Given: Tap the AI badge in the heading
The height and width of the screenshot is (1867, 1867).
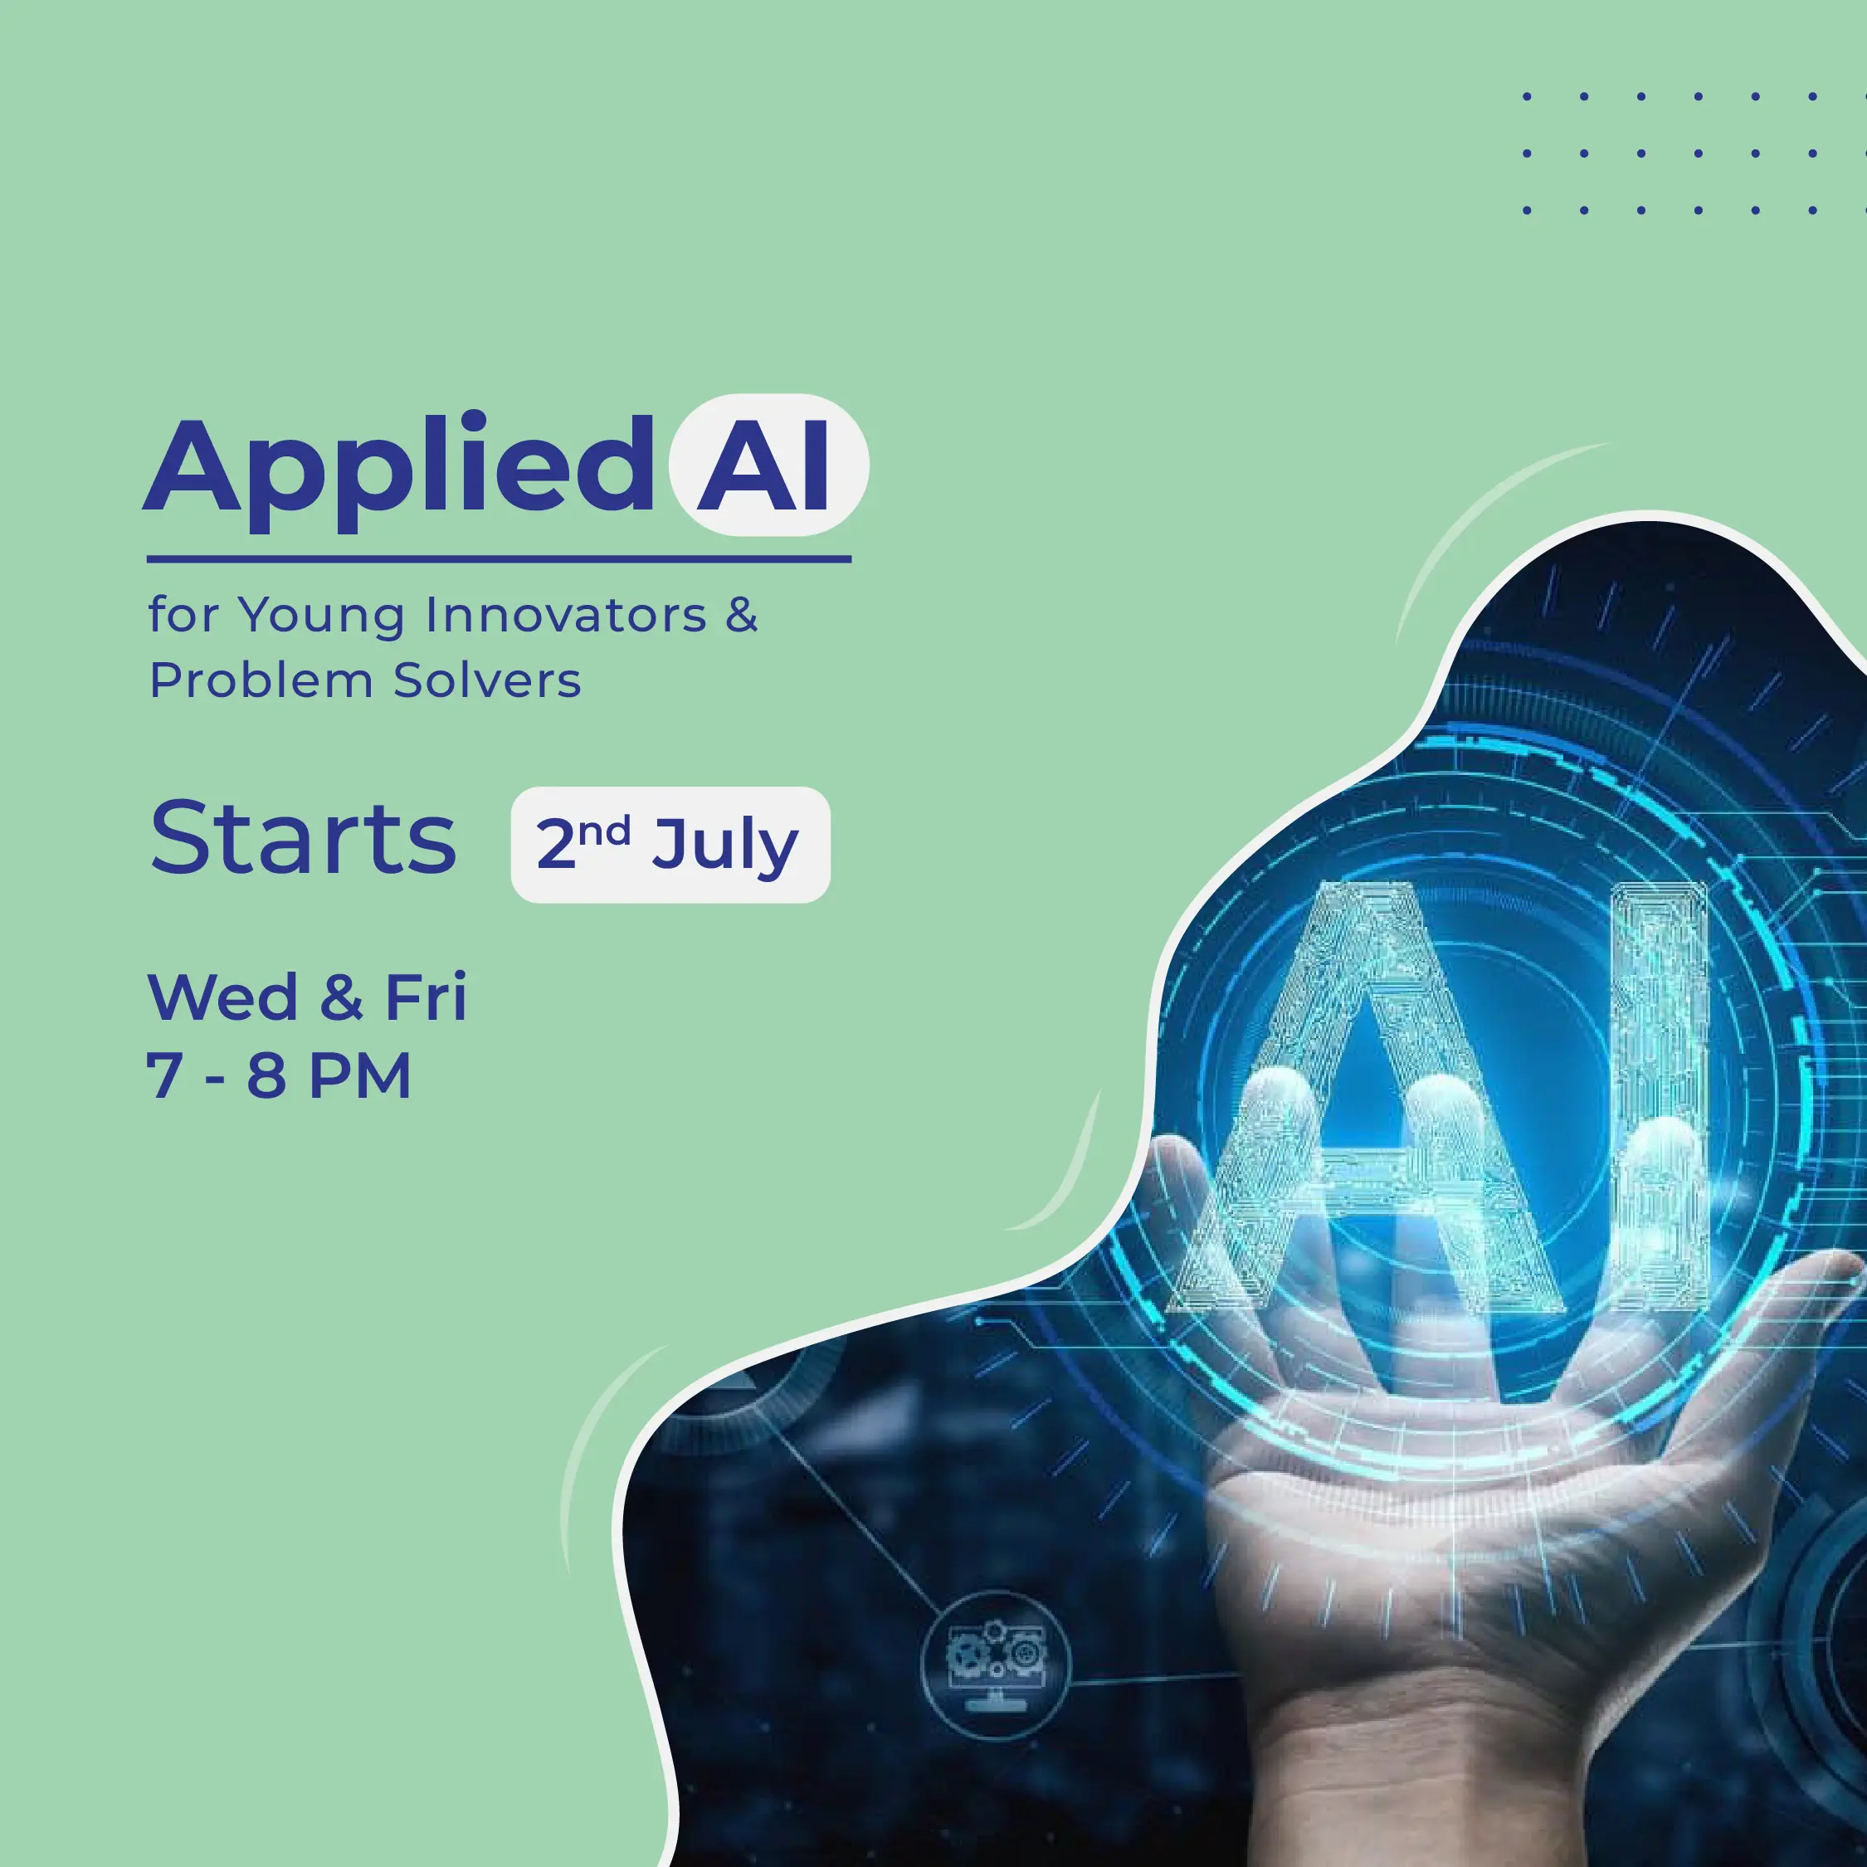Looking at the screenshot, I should coord(768,466).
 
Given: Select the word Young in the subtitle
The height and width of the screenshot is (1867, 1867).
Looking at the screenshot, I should coord(322,617).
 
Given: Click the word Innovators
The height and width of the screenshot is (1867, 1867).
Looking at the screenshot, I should coord(566,615).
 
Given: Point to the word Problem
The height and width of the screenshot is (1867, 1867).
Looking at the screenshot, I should coord(261,680).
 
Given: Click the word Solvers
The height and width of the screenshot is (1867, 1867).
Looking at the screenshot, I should coord(487,680).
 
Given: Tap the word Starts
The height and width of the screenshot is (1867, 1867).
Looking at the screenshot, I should coord(303,838).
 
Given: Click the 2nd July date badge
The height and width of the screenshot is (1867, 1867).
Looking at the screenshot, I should coord(670,845).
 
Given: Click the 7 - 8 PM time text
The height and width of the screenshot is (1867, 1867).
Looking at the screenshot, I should coord(280,1075).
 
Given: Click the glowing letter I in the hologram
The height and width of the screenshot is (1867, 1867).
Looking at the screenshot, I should coord(1658,1092).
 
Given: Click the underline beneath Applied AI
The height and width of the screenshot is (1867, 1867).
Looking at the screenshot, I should coord(499,558).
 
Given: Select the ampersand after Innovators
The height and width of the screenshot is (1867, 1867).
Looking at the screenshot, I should coord(742,615).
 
